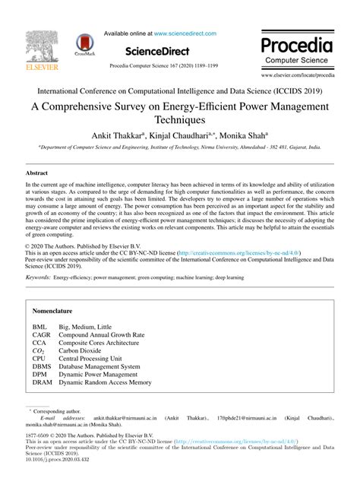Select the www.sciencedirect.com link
click(185, 33)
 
